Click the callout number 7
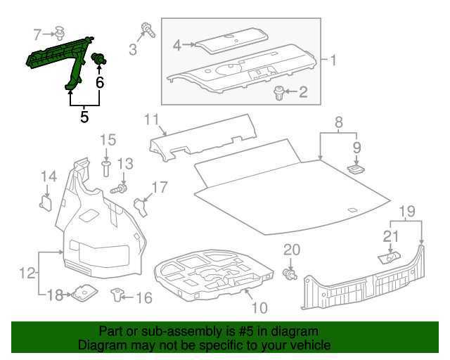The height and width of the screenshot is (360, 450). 39,32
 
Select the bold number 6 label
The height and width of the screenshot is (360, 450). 100,82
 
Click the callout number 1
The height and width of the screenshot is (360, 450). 333,61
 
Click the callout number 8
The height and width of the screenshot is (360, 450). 339,122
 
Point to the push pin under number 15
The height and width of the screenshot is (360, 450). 107,167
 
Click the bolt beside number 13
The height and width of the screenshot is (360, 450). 120,189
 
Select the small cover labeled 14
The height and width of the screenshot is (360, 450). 46,202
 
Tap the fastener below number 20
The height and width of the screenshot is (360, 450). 289,273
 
